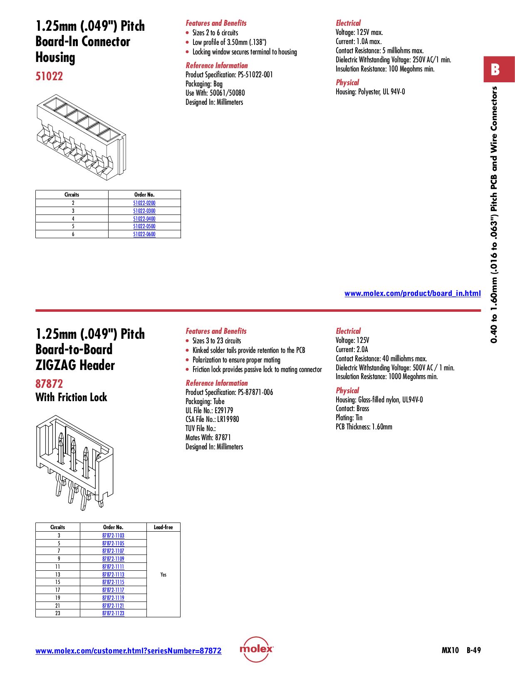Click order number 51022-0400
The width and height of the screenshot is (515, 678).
pyautogui.click(x=144, y=219)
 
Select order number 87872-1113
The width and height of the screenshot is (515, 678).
pyautogui.click(x=113, y=574)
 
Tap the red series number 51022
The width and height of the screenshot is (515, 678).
pyautogui.click(x=49, y=76)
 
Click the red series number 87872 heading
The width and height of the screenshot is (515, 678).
pyautogui.click(x=49, y=384)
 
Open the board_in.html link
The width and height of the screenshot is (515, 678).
pyautogui.click(x=412, y=293)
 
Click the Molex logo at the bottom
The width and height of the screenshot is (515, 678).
pyautogui.click(x=256, y=649)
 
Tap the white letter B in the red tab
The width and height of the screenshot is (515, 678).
pyautogui.click(x=495, y=69)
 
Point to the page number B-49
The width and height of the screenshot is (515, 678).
pyautogui.click(x=473, y=651)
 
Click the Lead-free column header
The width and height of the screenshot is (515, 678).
pyautogui.click(x=163, y=527)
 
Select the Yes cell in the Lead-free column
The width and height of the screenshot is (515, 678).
pyautogui.click(x=163, y=574)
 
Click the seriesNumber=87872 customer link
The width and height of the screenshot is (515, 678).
pyautogui.click(x=128, y=651)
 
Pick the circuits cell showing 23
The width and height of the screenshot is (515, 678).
pyautogui.click(x=58, y=613)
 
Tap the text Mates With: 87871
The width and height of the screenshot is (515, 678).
pyautogui.click(x=208, y=438)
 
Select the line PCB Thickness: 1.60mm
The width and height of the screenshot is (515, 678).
pyautogui.click(x=364, y=427)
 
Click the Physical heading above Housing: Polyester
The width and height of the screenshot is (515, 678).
pyautogui.click(x=347, y=82)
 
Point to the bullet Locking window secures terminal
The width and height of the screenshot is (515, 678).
pyautogui.click(x=244, y=52)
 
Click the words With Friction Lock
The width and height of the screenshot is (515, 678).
pyautogui.click(x=71, y=397)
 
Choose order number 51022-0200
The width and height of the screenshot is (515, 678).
pyautogui.click(x=144, y=203)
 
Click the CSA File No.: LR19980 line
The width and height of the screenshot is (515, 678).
pyautogui.click(x=212, y=419)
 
